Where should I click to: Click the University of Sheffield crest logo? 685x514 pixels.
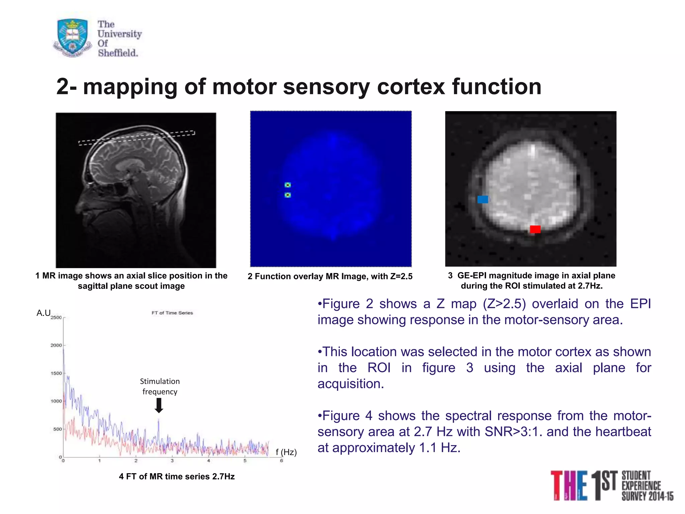coord(73,37)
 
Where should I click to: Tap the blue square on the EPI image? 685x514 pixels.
coord(482,199)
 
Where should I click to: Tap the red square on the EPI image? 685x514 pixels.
coord(535,229)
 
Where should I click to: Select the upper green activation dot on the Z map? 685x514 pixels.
coord(288,185)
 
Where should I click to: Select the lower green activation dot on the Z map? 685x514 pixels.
coord(288,195)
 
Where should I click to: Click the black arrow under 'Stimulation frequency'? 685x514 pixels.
coord(159,405)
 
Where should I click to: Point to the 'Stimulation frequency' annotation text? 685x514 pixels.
coord(160,386)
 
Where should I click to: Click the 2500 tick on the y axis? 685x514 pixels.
coord(56,317)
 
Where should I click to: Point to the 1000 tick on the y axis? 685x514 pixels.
coord(56,401)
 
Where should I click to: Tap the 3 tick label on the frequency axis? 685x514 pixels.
coord(172,461)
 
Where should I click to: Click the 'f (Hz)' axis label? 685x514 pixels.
coord(286,452)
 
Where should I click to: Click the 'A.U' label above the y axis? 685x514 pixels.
coord(43,313)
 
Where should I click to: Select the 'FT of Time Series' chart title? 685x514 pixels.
coord(172,313)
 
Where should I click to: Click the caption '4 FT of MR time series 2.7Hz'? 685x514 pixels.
coord(177,476)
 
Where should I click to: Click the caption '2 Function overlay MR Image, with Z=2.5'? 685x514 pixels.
coord(330,276)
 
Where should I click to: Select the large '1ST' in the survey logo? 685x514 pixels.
coord(604,485)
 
